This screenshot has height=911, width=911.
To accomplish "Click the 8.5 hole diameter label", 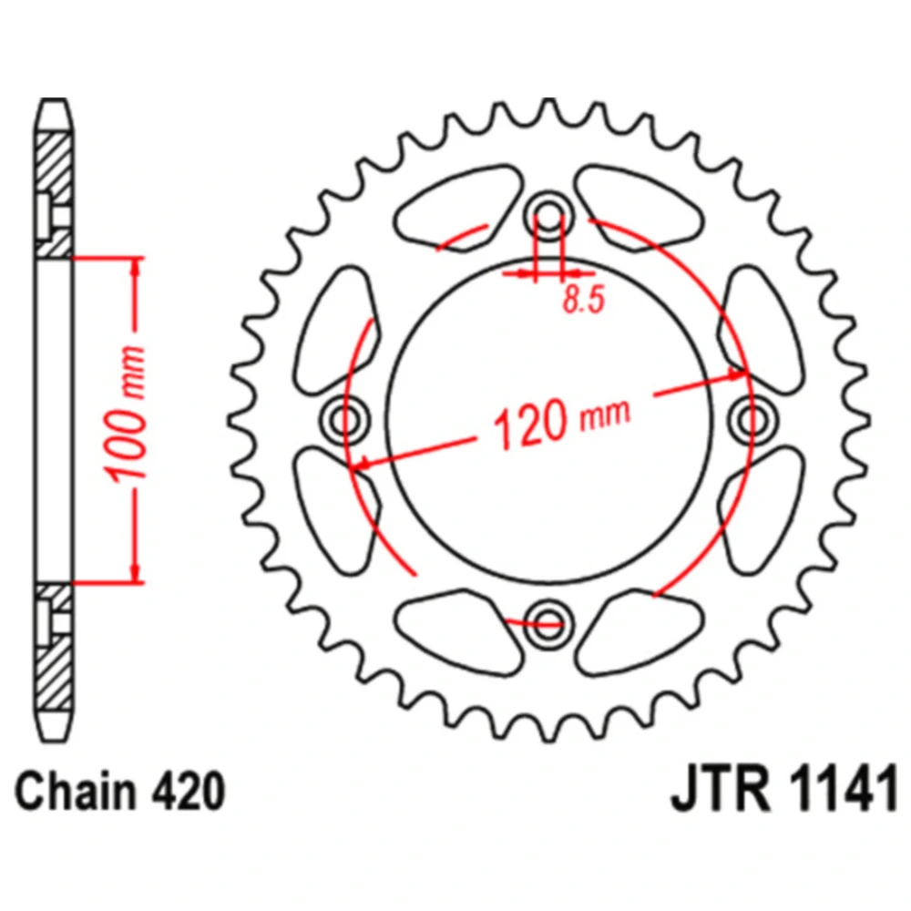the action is (584, 300).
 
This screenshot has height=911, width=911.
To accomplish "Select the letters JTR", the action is (721, 789).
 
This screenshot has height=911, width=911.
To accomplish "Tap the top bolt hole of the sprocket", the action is (548, 214).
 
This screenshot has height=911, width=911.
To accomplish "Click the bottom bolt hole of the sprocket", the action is (548, 625).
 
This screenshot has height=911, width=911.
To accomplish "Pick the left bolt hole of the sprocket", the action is (344, 419).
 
